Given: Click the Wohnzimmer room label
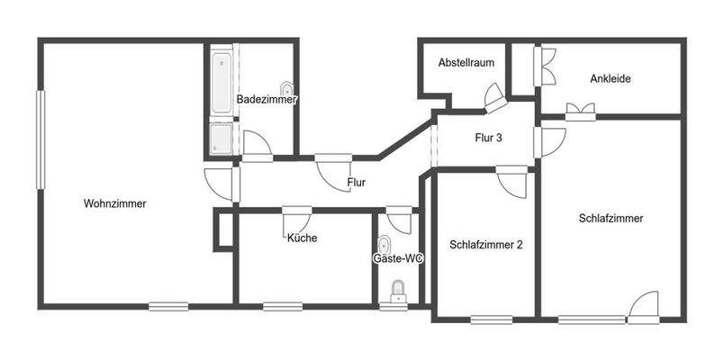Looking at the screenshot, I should tap(114, 203).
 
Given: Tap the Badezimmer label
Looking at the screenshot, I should tap(267, 98).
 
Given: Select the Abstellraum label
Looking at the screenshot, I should tap(466, 63).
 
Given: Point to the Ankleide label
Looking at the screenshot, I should tap(610, 78).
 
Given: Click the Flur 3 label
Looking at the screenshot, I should tap(488, 138).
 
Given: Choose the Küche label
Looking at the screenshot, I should tap(302, 238).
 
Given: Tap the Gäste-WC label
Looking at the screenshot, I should tap(398, 258).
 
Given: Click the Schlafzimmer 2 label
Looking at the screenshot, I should tap(485, 244).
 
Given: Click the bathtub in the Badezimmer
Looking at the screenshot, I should tap(221, 84).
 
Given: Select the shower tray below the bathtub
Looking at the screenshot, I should tap(221, 139).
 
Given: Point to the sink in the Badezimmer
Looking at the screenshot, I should tap(287, 89).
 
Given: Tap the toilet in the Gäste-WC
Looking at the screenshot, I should tap(396, 290).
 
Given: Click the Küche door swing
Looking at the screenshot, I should tap(297, 220).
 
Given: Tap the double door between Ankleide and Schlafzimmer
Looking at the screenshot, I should tap(581, 111).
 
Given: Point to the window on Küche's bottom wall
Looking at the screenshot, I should tap(282, 306).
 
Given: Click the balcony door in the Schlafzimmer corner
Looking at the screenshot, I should tap(645, 308).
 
